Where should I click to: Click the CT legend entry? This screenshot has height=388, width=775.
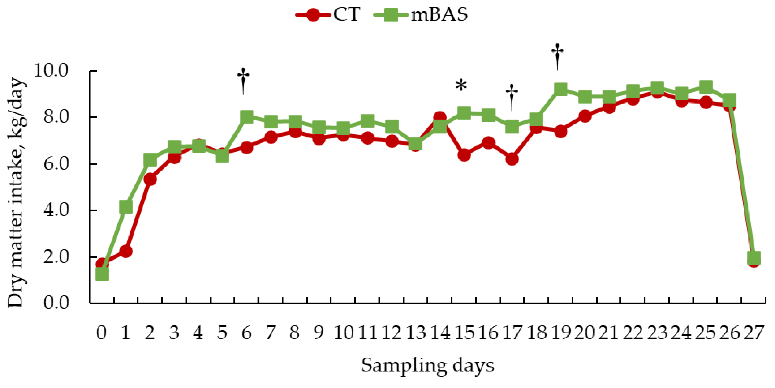tap(328, 14)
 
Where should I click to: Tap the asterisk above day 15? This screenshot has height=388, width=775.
tap(461, 85)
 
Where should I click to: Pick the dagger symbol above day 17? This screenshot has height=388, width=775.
tap(511, 96)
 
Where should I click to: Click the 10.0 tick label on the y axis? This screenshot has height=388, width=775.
tap(51, 71)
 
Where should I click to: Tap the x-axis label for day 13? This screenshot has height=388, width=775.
tap(416, 333)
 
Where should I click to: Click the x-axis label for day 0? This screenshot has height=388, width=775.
tap(101, 333)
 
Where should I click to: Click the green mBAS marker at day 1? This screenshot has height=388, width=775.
tap(126, 207)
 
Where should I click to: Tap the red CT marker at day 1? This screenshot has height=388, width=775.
tap(126, 251)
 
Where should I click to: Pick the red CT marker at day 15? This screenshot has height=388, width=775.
tap(464, 155)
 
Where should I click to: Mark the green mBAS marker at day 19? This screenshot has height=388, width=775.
tap(560, 89)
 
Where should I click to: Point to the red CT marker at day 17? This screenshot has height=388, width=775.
tap(512, 159)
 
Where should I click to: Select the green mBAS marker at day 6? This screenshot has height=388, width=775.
tap(247, 117)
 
